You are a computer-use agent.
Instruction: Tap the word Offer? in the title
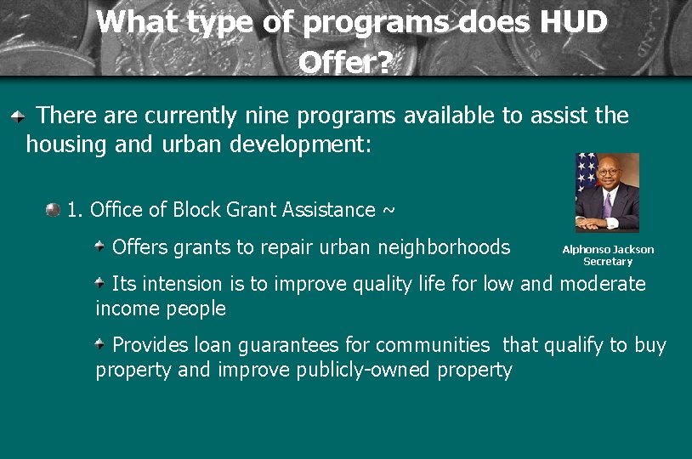[345, 61]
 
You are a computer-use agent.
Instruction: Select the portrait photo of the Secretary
[607, 193]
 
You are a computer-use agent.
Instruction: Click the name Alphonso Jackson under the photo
[608, 250]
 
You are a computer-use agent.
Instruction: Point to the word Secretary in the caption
[608, 262]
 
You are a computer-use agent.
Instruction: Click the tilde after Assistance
[389, 210]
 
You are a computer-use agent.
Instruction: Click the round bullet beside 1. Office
[54, 208]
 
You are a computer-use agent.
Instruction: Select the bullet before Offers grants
[100, 246]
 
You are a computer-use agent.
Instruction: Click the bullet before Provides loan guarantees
[100, 344]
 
